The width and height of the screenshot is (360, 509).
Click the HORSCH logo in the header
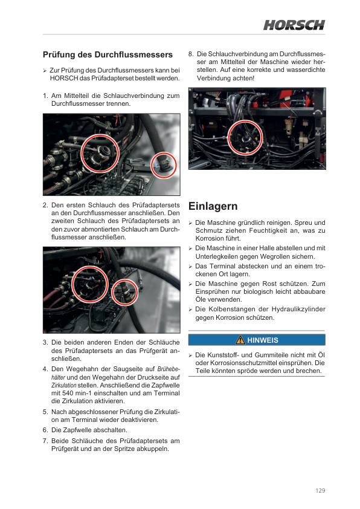tap(294, 25)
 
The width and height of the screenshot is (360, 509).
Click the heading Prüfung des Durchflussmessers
tap(108, 54)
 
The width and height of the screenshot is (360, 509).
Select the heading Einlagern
tap(213, 206)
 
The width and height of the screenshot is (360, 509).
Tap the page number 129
tap(320, 490)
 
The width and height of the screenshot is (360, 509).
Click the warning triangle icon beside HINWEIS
tap(240, 340)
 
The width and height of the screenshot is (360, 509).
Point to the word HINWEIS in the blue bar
tap(263, 340)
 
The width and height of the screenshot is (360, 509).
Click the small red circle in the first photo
tap(164, 165)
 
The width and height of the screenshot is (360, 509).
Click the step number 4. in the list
tap(45, 369)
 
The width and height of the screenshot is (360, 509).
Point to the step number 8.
tap(191, 54)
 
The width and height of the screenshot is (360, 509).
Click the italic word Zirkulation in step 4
tap(64, 385)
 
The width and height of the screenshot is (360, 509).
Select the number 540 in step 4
tap(68, 393)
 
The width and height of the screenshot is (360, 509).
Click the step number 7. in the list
tap(45, 441)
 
